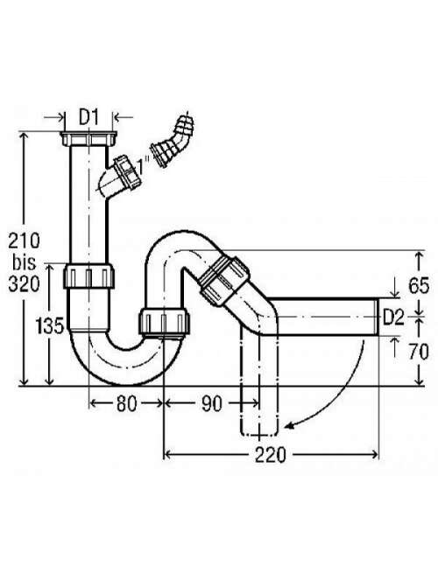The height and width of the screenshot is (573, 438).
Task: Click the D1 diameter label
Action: tap(89, 118)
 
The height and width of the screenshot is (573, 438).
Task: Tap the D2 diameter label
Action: tap(393, 318)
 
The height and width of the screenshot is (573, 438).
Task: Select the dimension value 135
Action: tap(50, 325)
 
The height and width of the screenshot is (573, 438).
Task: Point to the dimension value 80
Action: tap(126, 404)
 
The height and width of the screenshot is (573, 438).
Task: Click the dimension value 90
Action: tap(212, 404)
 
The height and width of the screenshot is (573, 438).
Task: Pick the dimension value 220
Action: tap(271, 455)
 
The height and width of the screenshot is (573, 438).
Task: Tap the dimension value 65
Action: tap(419, 285)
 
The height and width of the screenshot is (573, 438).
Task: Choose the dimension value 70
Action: tap(419, 352)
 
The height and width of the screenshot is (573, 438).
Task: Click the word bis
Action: tap(25, 262)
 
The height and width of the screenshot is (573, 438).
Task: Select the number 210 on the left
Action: tap(25, 241)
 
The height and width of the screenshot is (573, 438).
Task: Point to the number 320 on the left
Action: tap(25, 284)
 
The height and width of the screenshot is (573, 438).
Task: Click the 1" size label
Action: tap(141, 167)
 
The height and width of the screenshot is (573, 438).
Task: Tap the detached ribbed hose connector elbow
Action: tap(173, 142)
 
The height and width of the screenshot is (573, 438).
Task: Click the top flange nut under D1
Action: tap(89, 139)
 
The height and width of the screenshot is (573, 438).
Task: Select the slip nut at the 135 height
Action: tap(89, 276)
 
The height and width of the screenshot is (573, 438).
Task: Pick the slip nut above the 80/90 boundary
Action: tap(165, 322)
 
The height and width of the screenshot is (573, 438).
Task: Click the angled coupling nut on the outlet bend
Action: tap(223, 280)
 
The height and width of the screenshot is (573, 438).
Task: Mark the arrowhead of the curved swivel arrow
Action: tap(289, 425)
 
